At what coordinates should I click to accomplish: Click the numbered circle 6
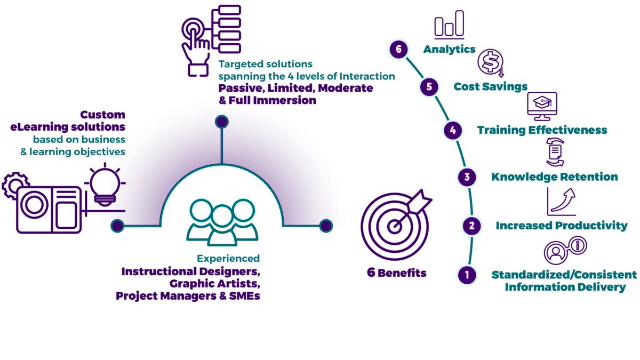point(398,50)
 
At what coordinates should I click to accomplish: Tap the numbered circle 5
point(429,86)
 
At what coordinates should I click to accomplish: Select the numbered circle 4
point(452,130)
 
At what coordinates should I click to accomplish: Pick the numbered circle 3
point(467,177)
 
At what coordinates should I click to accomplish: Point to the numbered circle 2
point(471,226)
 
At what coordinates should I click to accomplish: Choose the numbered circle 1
point(467,275)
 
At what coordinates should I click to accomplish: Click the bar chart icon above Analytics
point(449,25)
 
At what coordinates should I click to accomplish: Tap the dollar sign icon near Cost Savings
point(490,62)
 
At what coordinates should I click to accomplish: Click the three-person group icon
point(222,221)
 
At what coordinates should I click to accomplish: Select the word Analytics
point(449,49)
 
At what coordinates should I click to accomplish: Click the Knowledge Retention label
point(555,177)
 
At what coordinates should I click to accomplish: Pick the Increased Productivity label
point(562,226)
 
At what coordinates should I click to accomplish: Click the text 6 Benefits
point(396,273)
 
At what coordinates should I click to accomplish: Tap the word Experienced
point(228,259)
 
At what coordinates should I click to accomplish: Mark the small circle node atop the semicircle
point(222,122)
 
